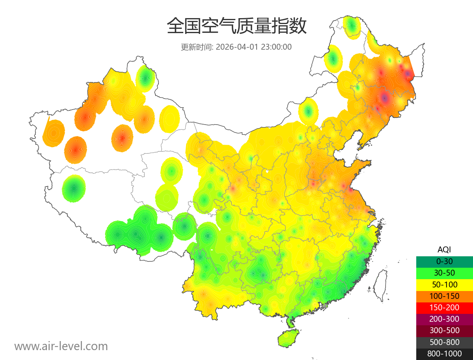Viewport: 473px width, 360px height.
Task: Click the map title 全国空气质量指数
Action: tap(236, 26)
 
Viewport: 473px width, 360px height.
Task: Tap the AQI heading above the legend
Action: tap(444, 250)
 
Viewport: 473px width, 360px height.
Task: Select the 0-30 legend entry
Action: tap(444, 261)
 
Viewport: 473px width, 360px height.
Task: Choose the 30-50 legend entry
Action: tap(444, 273)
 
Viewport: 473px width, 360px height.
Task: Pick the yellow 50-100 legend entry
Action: tap(444, 284)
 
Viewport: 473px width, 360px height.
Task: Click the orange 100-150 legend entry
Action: tap(444, 296)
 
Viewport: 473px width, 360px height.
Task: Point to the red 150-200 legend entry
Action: tap(444, 308)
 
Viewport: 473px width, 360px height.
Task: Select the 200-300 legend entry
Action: tap(444, 319)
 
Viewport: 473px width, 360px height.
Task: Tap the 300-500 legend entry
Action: tap(444, 330)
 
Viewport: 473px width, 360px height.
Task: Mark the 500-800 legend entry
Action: tap(444, 342)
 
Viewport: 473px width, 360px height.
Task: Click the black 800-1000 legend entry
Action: tap(444, 354)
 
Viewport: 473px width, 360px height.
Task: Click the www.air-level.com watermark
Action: tap(61, 347)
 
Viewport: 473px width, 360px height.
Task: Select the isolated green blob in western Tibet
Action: tap(74, 188)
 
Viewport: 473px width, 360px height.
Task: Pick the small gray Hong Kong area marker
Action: tap(325, 306)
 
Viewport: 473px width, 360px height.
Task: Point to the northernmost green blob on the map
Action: tap(352, 26)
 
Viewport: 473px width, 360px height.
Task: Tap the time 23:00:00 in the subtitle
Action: tap(276, 47)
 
